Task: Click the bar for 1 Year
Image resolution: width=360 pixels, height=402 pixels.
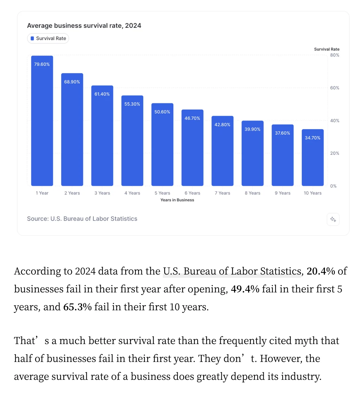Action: pos(42,121)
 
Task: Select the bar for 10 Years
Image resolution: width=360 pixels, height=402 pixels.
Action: pos(313,158)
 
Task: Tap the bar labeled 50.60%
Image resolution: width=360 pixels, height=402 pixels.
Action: pos(162,144)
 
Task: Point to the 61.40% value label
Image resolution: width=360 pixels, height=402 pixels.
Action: pos(102,94)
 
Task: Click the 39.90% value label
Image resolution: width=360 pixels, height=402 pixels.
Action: pos(252,129)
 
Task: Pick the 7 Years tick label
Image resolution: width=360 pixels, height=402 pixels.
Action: pos(222,193)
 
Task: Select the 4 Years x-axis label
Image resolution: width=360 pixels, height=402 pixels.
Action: pos(132,193)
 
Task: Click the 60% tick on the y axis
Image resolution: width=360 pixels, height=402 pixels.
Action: pos(335,88)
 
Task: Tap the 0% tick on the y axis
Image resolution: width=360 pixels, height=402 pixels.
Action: pos(333,186)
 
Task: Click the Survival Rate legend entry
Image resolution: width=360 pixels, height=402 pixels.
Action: pos(48,38)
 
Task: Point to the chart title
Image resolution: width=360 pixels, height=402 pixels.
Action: pos(84,25)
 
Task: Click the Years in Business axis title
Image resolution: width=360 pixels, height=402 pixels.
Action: pos(177,200)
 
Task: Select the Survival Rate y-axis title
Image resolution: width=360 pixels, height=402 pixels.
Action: pos(327,49)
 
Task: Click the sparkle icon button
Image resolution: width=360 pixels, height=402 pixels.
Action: pos(333,219)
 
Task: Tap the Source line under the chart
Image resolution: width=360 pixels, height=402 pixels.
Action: pos(82,219)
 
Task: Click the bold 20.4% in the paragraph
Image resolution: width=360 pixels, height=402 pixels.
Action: pos(321,271)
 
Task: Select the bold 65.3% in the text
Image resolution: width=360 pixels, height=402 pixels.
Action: pos(77,307)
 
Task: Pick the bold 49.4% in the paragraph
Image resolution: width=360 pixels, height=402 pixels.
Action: pos(245,289)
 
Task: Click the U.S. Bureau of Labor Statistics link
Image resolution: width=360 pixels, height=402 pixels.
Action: pos(232,271)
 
